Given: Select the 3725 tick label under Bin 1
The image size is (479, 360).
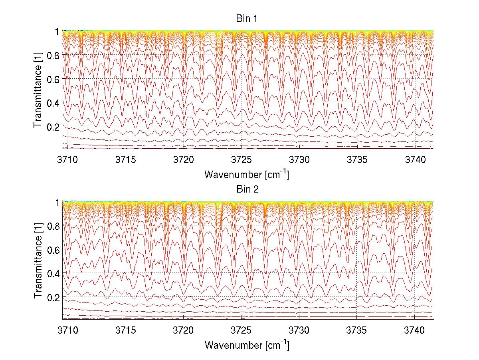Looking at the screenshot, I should tap(241, 159).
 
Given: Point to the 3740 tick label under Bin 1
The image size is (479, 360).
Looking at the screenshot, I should tap(416, 159).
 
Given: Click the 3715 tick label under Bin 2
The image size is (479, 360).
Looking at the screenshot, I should tap(126, 330).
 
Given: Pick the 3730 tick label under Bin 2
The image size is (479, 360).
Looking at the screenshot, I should tap(299, 330).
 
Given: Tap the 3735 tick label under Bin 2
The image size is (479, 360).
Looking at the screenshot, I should tap(357, 330).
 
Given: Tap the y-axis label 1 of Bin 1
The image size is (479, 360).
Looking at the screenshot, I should tap(57, 32).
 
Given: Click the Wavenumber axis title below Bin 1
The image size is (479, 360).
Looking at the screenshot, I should tap(247, 174).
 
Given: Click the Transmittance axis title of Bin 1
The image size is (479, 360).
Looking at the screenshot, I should tap(38, 90).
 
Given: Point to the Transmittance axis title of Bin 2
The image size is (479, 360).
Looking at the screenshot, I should tap(38, 261).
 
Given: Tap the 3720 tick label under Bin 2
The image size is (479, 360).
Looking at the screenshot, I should tap(184, 330).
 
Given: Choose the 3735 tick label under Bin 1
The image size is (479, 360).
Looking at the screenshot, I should tap(357, 159).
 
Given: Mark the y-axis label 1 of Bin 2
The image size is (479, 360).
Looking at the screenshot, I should tap(57, 203).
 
